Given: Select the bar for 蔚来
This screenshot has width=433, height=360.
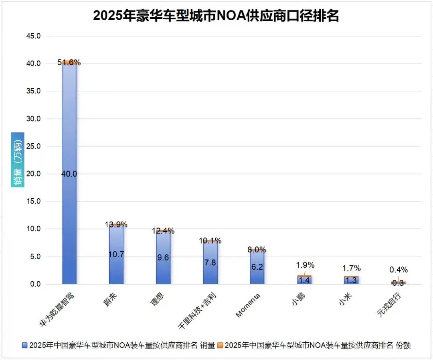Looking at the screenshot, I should (116, 257).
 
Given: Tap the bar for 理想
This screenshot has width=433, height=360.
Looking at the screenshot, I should (163, 259).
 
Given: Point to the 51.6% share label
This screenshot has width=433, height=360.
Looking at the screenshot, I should (69, 62).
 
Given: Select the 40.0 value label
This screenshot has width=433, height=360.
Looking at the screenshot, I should (69, 174).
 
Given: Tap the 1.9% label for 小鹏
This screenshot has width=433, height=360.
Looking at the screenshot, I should (305, 265).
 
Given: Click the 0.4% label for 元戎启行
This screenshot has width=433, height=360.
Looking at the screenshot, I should (399, 270).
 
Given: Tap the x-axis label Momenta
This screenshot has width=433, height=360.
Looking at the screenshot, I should (249, 305).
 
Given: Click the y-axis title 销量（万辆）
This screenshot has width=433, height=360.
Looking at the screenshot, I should (18, 160).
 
